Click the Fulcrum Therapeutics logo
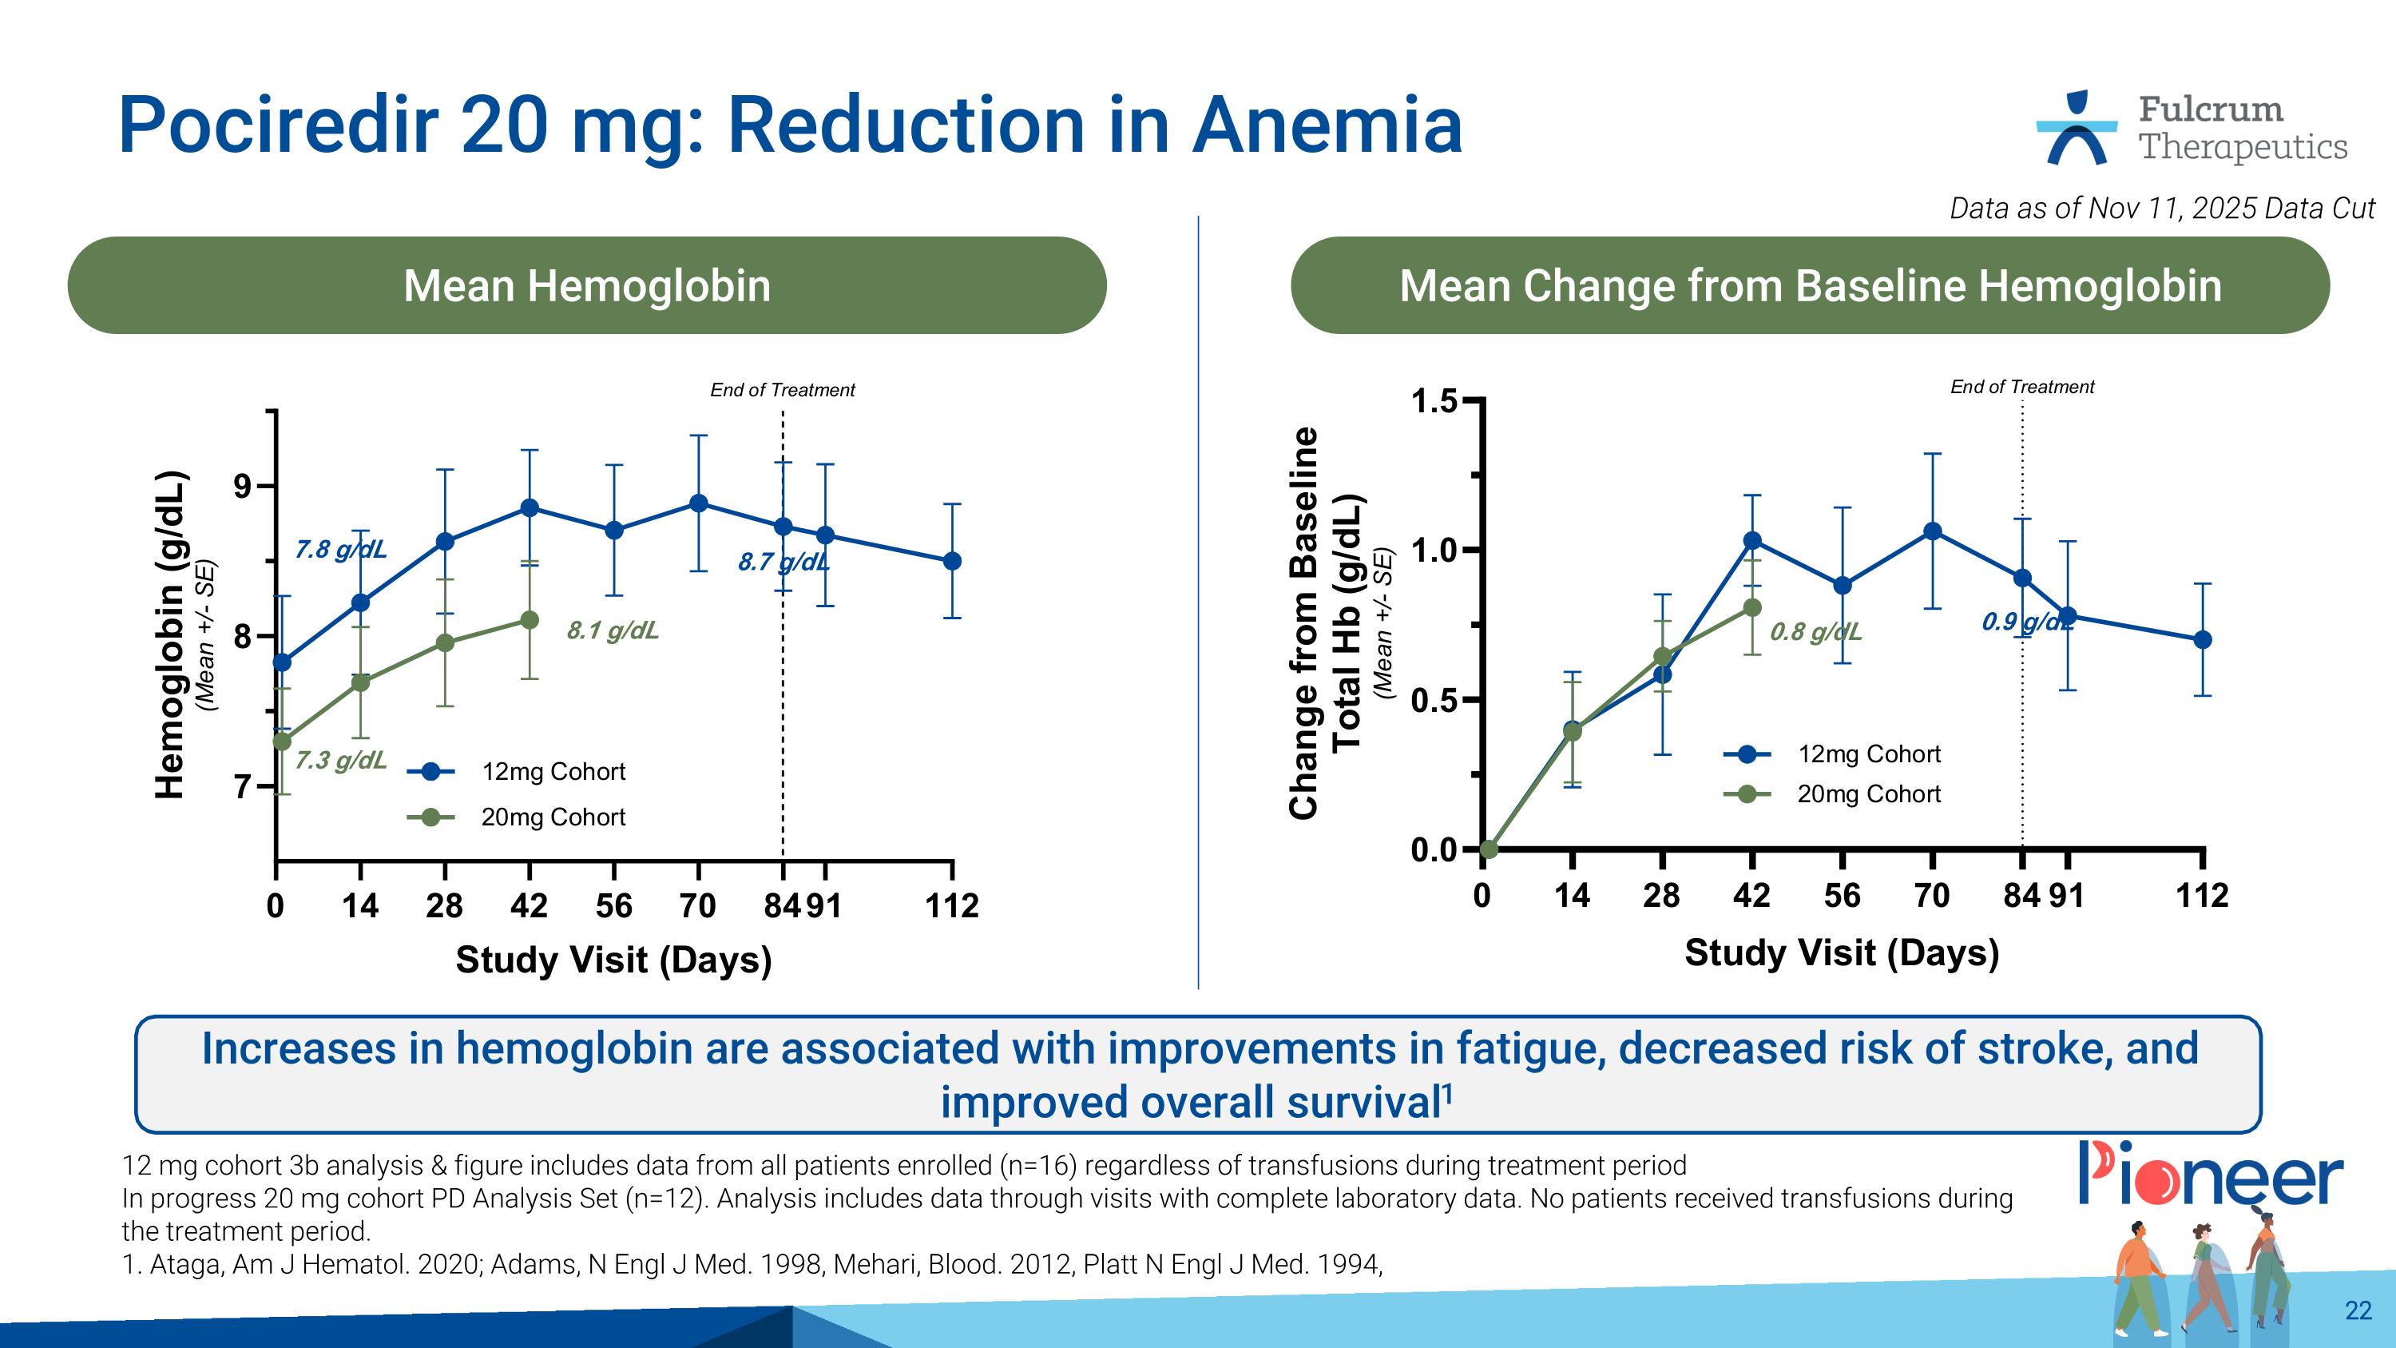pos(2192,129)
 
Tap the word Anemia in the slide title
pos(1327,125)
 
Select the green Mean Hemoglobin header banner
pos(587,285)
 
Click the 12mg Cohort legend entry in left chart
pos(553,771)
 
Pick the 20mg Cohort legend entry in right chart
pos(1868,793)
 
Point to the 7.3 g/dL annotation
pos(340,760)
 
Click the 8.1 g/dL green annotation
pos(613,630)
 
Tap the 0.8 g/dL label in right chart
pos(1815,633)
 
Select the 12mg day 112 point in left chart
pos(951,561)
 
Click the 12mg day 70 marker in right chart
pos(1932,531)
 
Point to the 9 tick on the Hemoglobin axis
pos(244,486)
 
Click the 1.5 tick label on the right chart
pos(1434,402)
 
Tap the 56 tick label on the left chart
pos(613,905)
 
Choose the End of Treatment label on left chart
pos(782,390)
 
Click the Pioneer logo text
pos(2210,1174)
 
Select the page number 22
pos(2358,1310)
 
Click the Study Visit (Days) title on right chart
pos(1841,952)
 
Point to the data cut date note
pos(2162,208)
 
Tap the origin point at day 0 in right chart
pos(1488,849)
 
